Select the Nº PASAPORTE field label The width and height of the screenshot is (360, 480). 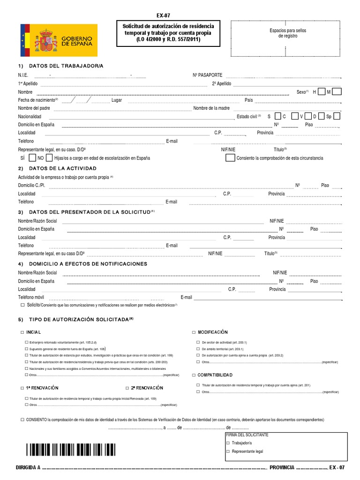coord(207,75)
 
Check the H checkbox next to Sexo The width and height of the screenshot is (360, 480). coord(321,91)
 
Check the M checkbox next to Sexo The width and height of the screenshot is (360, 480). coord(337,91)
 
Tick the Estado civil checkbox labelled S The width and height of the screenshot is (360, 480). coord(277,116)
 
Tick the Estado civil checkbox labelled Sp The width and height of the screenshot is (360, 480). coord(336,116)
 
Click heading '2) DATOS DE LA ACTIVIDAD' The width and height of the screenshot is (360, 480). coord(58,168)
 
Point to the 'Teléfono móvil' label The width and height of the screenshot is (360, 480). coord(31,297)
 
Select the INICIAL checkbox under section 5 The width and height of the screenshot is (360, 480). coord(22,332)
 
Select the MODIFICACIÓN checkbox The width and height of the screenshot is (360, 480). coord(194,332)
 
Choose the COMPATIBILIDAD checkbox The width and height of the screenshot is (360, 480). coord(194,375)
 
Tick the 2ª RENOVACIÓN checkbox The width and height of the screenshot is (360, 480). coord(127,388)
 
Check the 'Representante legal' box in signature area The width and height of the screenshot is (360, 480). coord(228,451)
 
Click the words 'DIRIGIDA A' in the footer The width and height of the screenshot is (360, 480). coord(29,468)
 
